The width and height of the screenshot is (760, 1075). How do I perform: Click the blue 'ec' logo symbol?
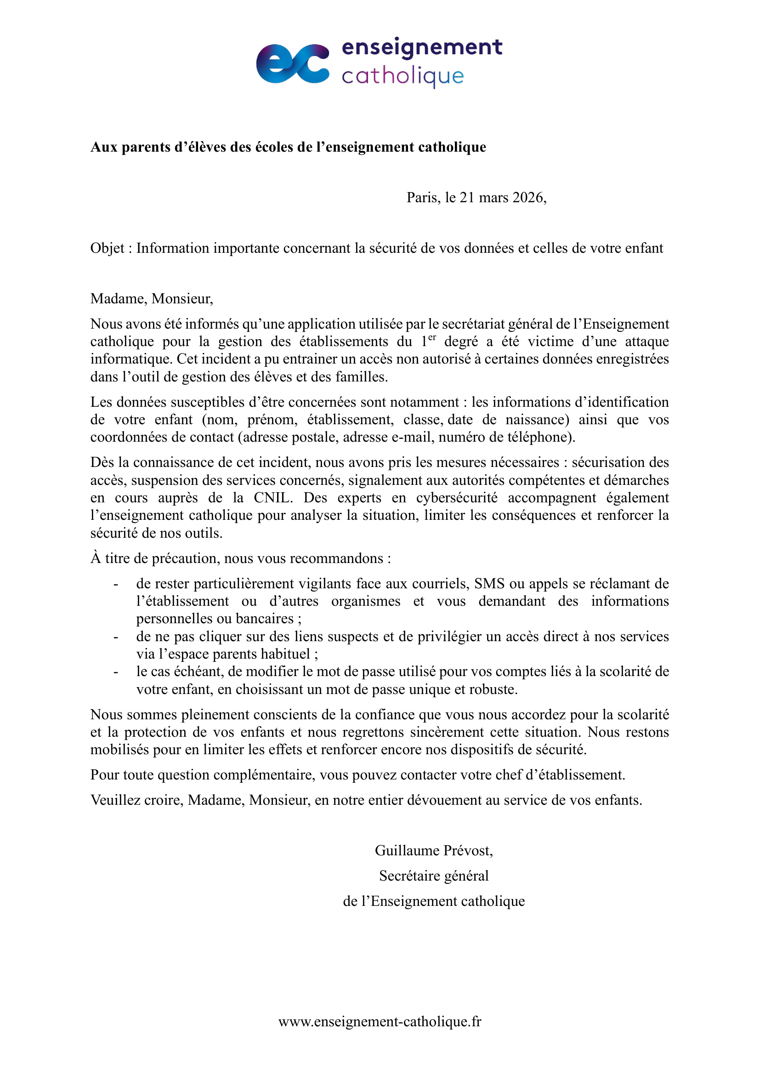[x=293, y=64]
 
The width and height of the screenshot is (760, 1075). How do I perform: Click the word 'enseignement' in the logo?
[x=422, y=48]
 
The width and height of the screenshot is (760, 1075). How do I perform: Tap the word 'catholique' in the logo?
[x=403, y=76]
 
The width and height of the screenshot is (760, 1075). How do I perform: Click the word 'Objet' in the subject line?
[x=107, y=248]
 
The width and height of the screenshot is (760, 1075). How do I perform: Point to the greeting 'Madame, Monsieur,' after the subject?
[x=152, y=299]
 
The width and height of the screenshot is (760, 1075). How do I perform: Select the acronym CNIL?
[x=273, y=498]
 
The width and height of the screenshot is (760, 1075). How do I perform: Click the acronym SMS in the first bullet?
[x=489, y=584]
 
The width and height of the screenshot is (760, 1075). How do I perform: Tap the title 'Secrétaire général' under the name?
[x=434, y=876]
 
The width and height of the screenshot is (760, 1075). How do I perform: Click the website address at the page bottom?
[x=380, y=1021]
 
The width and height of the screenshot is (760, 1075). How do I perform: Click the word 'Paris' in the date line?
[x=423, y=198]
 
